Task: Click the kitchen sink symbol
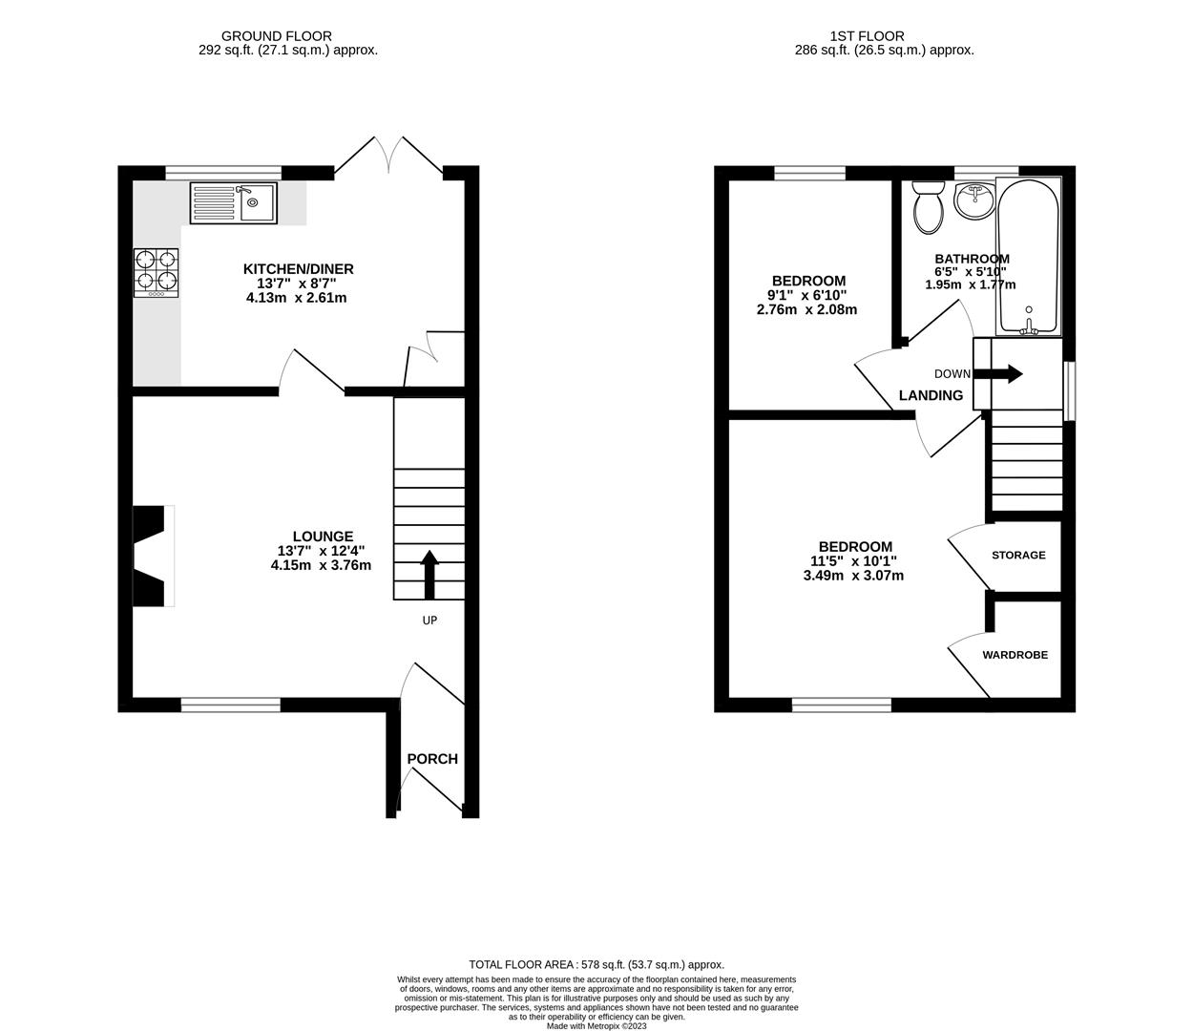(x=234, y=202)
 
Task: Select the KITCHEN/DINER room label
(x=298, y=269)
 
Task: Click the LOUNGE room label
(x=323, y=537)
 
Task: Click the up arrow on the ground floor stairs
(x=429, y=573)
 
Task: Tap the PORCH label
(x=432, y=759)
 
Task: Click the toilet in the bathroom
(x=928, y=207)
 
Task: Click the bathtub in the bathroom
(x=1028, y=255)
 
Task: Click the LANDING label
(x=931, y=395)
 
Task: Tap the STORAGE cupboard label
(x=1018, y=555)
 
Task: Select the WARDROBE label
(x=1015, y=655)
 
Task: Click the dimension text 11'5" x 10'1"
(x=854, y=561)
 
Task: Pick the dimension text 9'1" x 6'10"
(x=807, y=295)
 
